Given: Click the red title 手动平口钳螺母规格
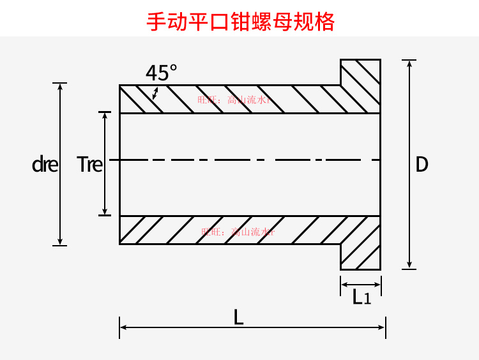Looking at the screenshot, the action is [x=240, y=22].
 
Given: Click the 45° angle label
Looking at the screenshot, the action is [x=161, y=73].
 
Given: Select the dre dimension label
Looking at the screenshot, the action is [x=45, y=165].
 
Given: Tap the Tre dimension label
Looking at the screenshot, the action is [x=89, y=165].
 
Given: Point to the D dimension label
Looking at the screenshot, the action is [x=422, y=165].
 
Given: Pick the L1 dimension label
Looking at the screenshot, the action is [x=361, y=297].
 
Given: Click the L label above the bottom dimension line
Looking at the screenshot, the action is [x=238, y=317].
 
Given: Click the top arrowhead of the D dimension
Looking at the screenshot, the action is [x=409, y=64].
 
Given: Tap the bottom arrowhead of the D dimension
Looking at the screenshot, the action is [x=409, y=265].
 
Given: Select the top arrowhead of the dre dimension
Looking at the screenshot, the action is [x=60, y=87].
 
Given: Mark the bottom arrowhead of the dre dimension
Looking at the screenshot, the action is [x=60, y=241].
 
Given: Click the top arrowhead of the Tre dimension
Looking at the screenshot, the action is [x=105, y=116].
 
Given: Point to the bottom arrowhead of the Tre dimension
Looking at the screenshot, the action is [x=105, y=211].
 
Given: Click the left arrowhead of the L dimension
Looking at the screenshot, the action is [x=123, y=327].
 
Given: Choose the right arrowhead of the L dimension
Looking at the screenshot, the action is [x=382, y=327].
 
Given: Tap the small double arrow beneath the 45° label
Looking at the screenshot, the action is [x=155, y=94].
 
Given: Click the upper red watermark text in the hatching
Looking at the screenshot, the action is [x=234, y=100].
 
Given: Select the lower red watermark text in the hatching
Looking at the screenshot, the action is [x=237, y=232].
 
